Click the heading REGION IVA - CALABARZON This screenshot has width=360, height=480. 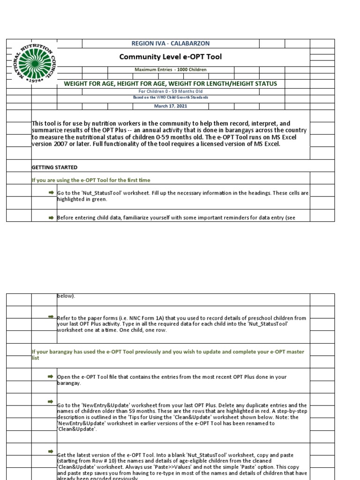coord(170,43)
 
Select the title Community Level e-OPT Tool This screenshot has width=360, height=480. coord(171,57)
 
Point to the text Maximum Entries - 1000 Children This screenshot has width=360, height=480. coord(171,69)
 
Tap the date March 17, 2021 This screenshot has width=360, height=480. coord(171,106)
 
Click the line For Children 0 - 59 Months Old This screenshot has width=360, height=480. coord(171,91)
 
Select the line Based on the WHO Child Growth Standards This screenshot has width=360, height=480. coord(171,97)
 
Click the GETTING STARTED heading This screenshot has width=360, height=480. coord(54,167)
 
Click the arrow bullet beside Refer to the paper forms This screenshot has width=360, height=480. coord(51,317)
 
